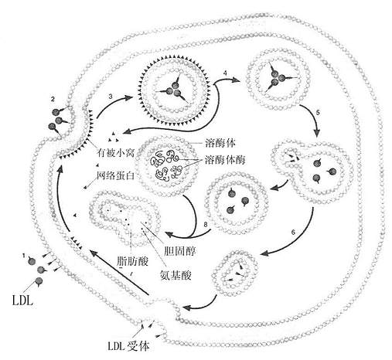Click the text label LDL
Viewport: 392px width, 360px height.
22,301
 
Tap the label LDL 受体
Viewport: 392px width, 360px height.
128,346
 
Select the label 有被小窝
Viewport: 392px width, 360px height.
115,153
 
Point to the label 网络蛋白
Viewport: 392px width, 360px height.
115,175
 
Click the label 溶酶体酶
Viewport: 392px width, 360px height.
225,160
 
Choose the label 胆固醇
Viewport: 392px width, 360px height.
179,251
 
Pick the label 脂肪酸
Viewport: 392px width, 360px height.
132,261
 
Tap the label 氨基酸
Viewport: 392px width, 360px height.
176,275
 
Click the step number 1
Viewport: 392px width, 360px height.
24,256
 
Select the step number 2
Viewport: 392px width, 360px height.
53,99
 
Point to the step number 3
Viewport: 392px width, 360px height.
111,97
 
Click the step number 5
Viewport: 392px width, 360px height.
318,113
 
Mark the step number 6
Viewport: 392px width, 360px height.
293,232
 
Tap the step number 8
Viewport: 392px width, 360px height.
206,225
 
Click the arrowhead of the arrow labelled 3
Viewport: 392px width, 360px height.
128,98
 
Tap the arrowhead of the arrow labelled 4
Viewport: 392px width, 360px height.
234,80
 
